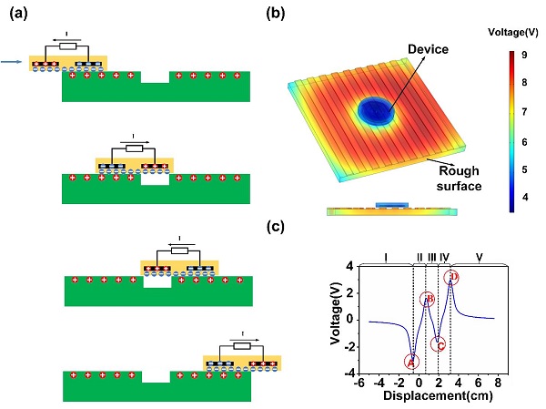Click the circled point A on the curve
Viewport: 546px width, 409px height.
(411, 362)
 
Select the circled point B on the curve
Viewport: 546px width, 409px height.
(429, 300)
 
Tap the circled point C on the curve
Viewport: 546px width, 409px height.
(439, 343)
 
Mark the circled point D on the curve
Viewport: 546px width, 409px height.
(451, 277)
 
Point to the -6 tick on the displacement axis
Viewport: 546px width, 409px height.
(361, 384)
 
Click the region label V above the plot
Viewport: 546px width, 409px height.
(479, 258)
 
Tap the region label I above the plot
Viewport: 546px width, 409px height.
(386, 258)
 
